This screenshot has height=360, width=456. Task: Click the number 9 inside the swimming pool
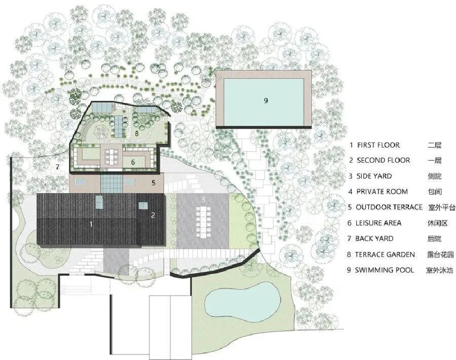tap(266, 101)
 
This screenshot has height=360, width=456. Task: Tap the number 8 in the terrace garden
tap(136, 133)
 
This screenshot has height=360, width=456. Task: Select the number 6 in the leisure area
tap(133, 162)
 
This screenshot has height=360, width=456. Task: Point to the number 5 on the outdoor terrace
tap(154, 183)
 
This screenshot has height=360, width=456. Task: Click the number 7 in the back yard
tap(58, 167)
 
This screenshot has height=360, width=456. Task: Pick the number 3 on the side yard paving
tap(203, 199)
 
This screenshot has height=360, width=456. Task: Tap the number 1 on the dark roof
tap(91, 224)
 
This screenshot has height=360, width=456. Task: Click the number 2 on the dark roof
tap(153, 215)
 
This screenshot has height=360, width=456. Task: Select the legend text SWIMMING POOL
tap(385, 270)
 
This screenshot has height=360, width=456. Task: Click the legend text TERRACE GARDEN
tap(385, 255)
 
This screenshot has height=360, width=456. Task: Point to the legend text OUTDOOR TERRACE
tap(389, 207)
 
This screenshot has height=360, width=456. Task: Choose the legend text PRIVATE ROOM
tap(382, 192)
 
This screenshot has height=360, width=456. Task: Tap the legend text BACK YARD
tap(374, 238)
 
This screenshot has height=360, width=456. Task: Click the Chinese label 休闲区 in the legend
tap(437, 223)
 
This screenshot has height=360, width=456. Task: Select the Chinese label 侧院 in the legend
tap(435, 176)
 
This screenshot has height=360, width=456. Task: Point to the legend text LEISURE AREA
tap(378, 223)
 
